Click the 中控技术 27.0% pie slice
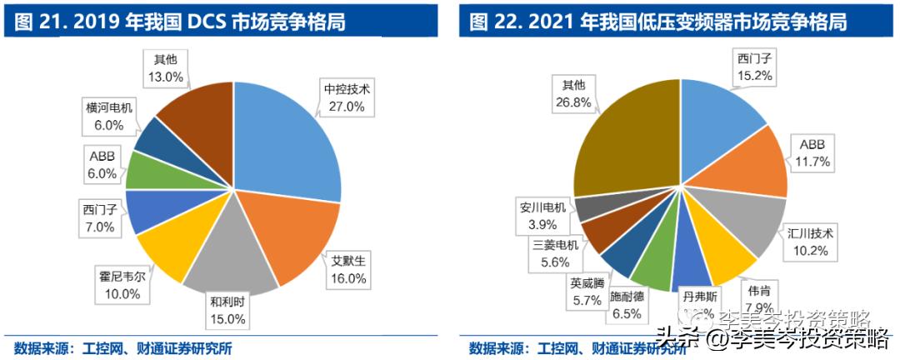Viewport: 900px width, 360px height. [287, 142]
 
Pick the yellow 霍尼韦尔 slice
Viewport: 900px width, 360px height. [171, 250]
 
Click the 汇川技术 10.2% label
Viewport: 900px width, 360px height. [810, 240]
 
